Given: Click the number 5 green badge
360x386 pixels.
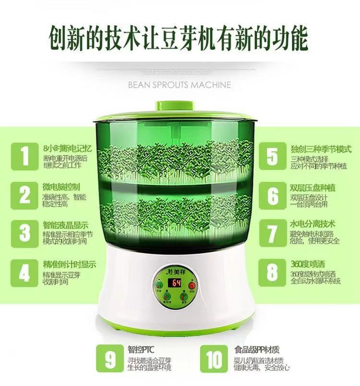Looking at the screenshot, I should (272, 156).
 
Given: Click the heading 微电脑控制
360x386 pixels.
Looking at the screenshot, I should (61, 186).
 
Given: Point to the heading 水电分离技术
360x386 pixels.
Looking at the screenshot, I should (312, 224).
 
